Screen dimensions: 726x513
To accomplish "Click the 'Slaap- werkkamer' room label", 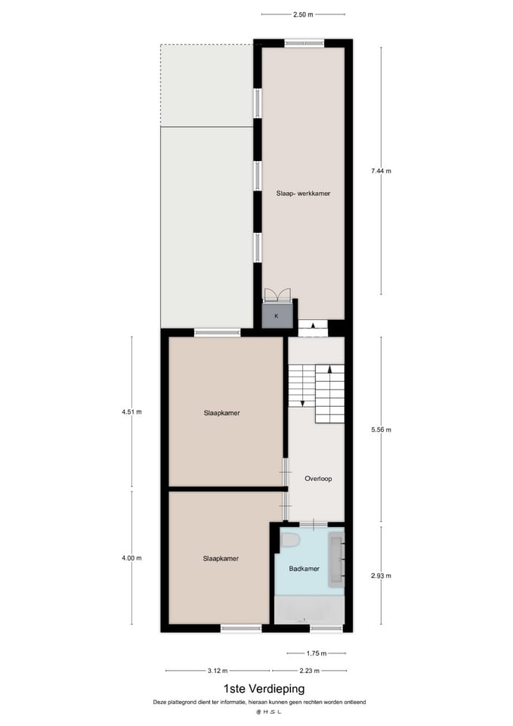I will tap(302, 194).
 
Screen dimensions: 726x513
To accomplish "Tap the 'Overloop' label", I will tap(318, 479).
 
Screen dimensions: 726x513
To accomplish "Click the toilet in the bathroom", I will tap(291, 540).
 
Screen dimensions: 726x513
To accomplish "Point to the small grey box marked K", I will tap(276, 315).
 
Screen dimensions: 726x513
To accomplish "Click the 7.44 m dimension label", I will tap(382, 171).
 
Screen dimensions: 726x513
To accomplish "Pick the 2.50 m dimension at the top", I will tap(302, 14).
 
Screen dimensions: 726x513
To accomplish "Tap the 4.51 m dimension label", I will tap(131, 413).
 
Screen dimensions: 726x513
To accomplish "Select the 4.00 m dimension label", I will tap(131, 558).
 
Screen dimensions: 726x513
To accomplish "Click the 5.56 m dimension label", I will tap(382, 430).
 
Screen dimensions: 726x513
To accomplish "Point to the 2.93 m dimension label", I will tap(382, 576).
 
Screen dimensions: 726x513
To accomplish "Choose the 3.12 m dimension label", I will tap(218, 670).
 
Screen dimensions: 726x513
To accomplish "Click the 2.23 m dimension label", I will tap(308, 670).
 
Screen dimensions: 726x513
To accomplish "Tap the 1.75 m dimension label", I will tap(317, 653).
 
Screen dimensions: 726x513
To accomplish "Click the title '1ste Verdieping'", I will tap(264, 688).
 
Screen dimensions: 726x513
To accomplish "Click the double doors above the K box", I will tap(276, 295).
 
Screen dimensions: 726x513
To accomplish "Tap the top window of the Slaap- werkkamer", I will tap(304, 42).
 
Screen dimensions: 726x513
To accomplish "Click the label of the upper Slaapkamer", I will tap(227, 413).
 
